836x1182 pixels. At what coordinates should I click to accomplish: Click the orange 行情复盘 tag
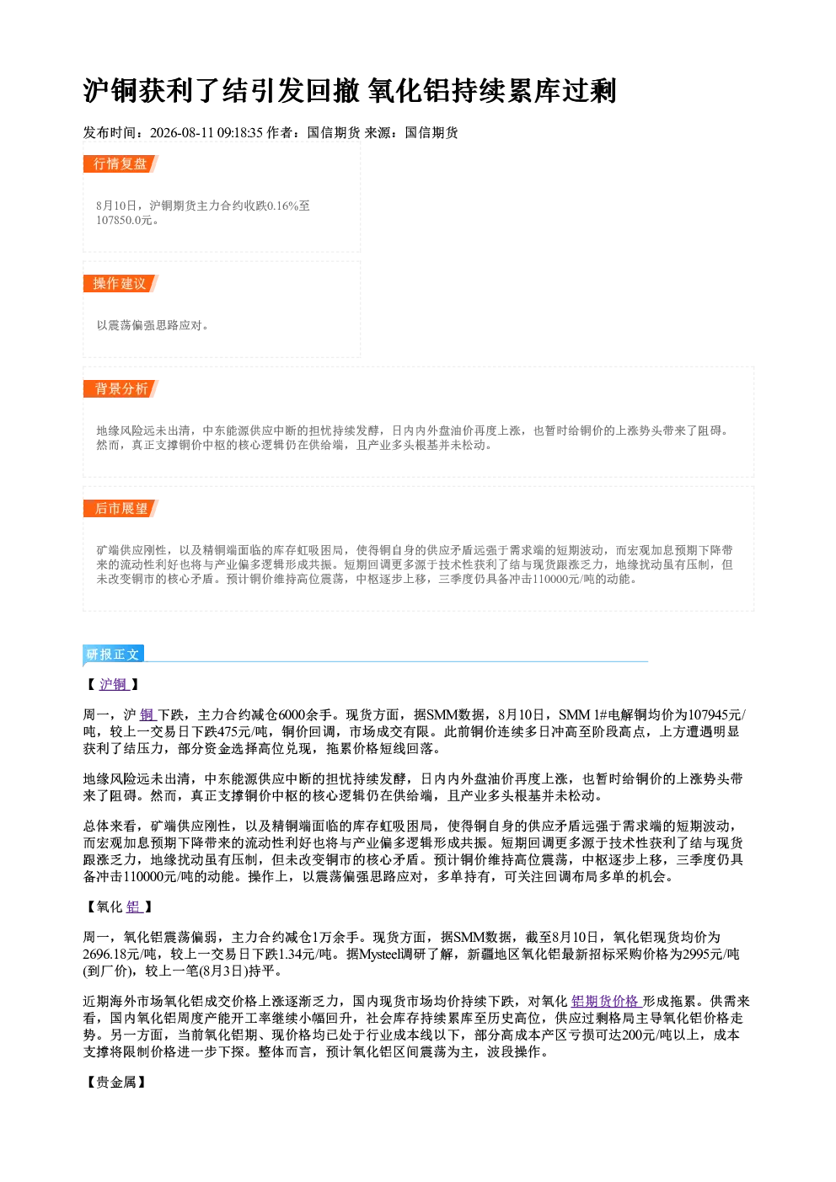tap(121, 163)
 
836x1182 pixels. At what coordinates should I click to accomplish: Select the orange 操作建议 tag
tap(121, 283)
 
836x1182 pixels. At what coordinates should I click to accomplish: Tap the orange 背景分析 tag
tap(121, 389)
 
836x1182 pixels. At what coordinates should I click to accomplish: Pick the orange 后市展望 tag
tap(121, 509)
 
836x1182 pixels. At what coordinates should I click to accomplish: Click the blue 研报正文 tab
tap(113, 655)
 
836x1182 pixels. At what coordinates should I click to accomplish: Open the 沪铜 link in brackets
tap(113, 684)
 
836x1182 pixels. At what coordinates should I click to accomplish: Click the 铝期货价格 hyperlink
tap(606, 1001)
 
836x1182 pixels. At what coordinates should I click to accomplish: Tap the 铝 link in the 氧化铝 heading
tap(133, 907)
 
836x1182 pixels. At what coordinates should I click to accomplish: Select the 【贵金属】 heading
tap(116, 1082)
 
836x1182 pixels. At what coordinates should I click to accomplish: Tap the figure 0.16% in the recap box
tap(282, 206)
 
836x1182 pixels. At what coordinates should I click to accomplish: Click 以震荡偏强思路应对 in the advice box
tap(149, 325)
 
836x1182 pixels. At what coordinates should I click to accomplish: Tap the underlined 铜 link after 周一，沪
tap(147, 714)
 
